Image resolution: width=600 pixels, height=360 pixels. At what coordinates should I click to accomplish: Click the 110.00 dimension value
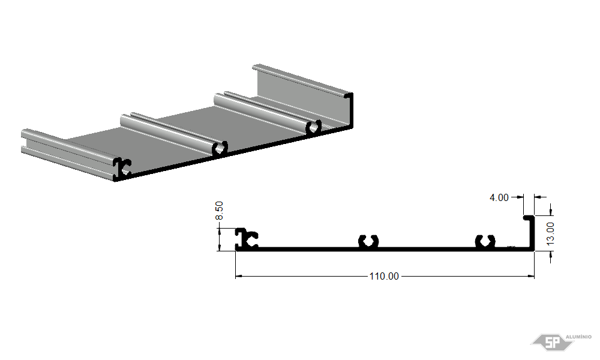click(384, 276)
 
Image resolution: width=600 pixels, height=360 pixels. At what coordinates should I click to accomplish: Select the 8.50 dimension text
click(219, 211)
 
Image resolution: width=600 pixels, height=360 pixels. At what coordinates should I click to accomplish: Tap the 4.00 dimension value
click(499, 197)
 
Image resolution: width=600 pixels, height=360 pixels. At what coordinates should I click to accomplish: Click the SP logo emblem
click(552, 341)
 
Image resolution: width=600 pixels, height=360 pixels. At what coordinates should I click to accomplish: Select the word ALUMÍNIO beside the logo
click(578, 337)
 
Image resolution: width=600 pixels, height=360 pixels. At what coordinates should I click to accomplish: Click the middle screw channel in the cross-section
click(368, 242)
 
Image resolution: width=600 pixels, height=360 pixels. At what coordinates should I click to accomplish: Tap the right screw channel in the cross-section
click(485, 242)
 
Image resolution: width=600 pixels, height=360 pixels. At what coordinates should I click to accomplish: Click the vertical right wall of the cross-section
click(532, 233)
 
